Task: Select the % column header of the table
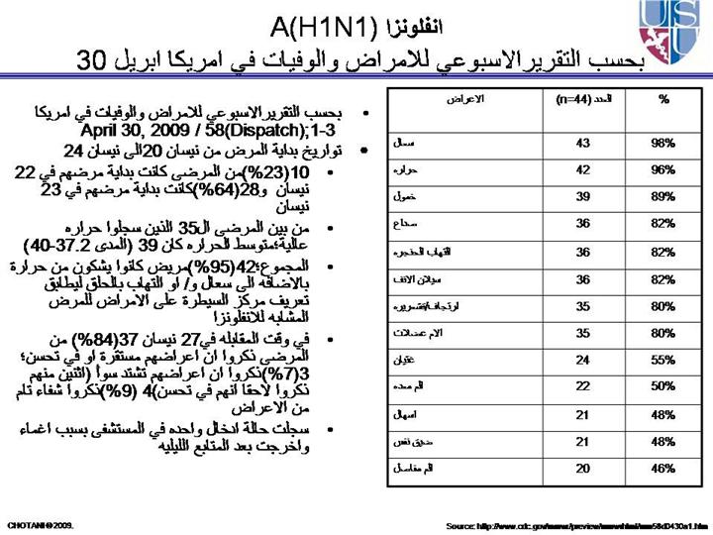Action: pos(664,100)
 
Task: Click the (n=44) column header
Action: pos(582,100)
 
